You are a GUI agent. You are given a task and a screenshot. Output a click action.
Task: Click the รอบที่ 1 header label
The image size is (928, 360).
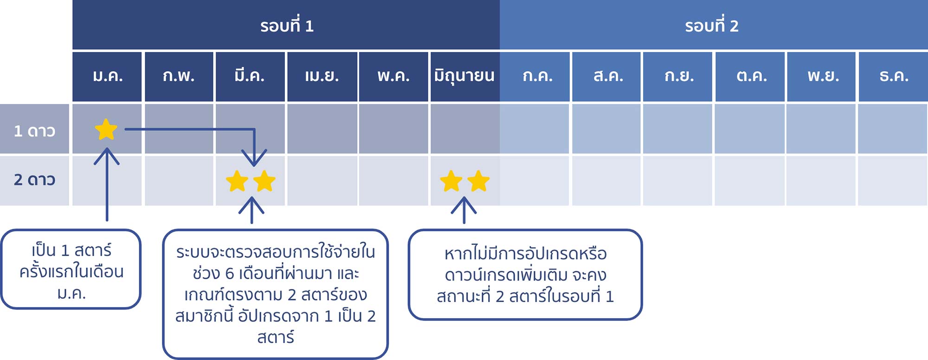(x=287, y=26)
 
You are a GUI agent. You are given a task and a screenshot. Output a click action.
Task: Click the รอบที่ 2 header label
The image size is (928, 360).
(x=711, y=26)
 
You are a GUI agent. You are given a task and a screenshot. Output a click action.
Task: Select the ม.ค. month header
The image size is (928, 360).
(x=107, y=76)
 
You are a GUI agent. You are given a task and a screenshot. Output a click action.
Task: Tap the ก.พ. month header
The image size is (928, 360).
(x=179, y=76)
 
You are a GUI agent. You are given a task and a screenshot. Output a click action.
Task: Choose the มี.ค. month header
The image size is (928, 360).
(x=250, y=76)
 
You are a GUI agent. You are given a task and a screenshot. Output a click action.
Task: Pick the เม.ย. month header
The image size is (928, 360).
(x=322, y=76)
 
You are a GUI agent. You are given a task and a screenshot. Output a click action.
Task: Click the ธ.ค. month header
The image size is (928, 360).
(x=893, y=76)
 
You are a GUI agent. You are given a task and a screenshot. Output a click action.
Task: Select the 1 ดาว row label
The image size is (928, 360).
(x=34, y=131)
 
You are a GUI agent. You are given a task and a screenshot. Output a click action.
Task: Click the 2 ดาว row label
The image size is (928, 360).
(x=34, y=180)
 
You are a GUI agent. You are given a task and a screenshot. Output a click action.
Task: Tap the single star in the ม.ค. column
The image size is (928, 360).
(x=106, y=129)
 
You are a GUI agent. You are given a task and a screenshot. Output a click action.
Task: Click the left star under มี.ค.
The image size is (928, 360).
(x=237, y=181)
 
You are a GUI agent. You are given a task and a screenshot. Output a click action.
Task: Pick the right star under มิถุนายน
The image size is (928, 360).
(x=478, y=181)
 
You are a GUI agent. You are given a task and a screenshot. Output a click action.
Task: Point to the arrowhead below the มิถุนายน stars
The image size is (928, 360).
(x=464, y=205)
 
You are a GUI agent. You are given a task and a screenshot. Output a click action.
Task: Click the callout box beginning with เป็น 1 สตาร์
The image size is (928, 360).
(x=71, y=269)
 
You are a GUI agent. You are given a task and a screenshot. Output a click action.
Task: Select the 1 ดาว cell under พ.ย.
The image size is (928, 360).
(x=821, y=129)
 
